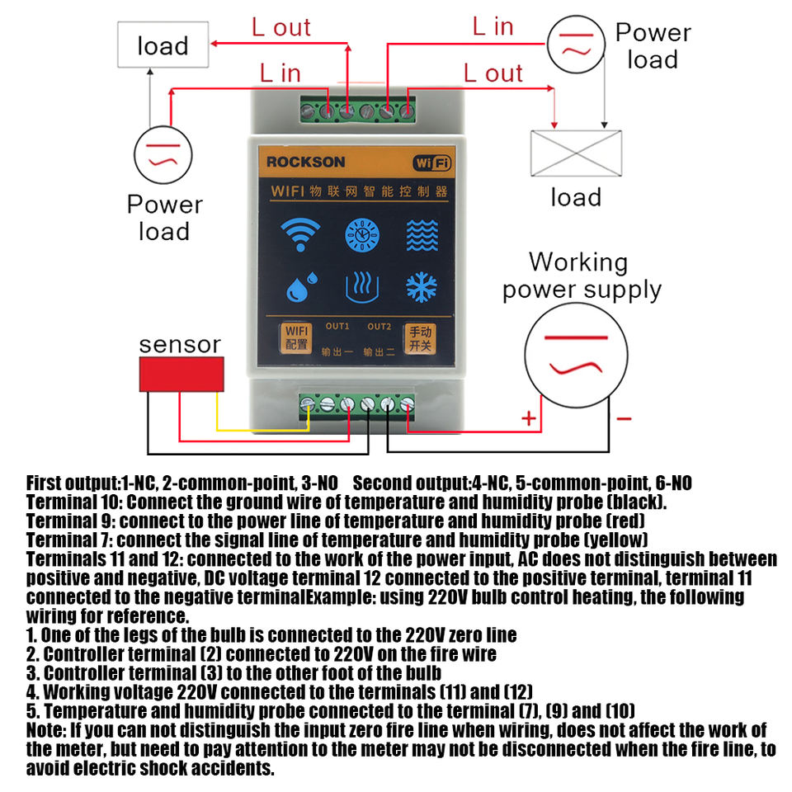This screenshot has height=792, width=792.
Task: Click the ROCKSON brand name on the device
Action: (x=305, y=162)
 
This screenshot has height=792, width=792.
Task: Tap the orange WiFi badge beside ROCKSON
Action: (x=431, y=163)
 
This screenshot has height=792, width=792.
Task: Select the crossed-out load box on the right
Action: (x=575, y=154)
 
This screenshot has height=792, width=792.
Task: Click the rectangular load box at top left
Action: (x=163, y=45)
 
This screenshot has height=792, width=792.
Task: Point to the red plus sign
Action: (x=529, y=419)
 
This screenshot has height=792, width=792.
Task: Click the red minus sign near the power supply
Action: (x=624, y=419)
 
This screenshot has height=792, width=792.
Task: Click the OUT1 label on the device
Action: (x=337, y=325)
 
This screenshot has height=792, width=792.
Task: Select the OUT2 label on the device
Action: (x=379, y=325)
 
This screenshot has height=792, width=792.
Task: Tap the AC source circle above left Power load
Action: (x=163, y=155)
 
